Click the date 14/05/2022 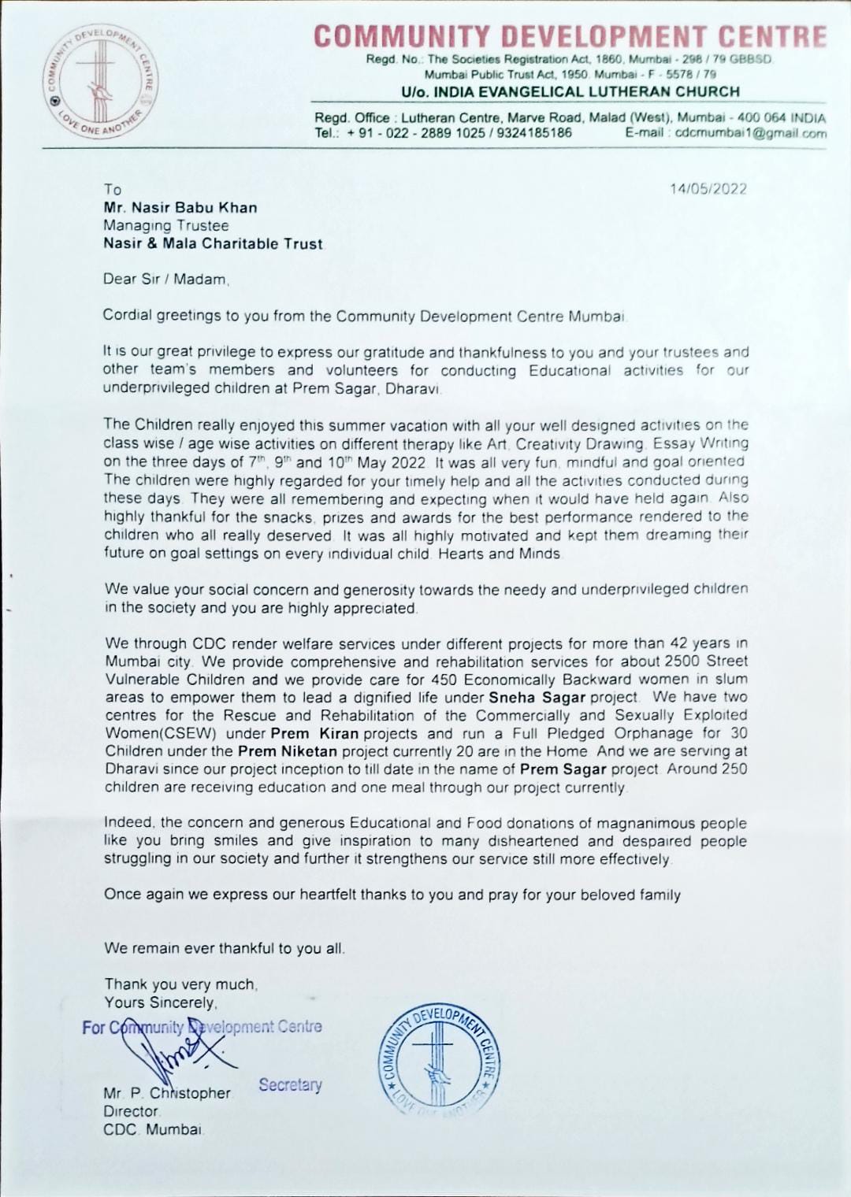click(x=708, y=189)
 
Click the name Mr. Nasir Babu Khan click(x=180, y=208)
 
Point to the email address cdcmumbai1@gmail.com click(x=751, y=133)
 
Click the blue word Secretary click(x=290, y=1085)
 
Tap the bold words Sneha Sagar click(x=537, y=697)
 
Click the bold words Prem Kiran click(x=314, y=733)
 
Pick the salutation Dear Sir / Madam click(x=165, y=280)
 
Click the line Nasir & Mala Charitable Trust click(x=213, y=244)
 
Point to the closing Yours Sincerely click(x=160, y=1002)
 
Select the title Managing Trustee click(x=165, y=226)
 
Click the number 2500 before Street click(x=682, y=661)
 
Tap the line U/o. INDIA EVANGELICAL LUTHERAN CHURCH click(x=570, y=92)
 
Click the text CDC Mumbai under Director click(x=153, y=1129)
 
